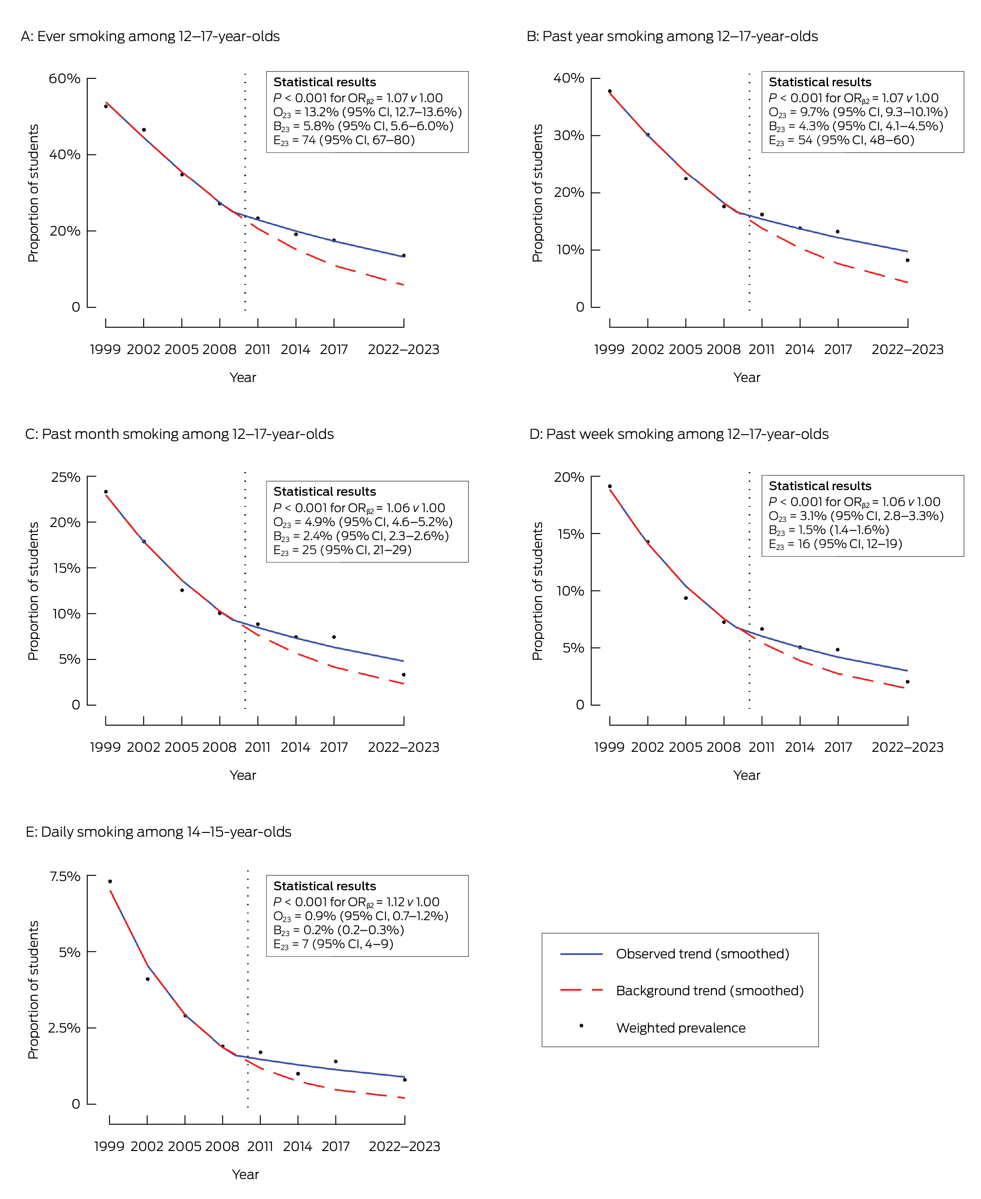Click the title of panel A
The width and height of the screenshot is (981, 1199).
(x=150, y=36)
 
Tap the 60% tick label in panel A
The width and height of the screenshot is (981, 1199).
(x=64, y=78)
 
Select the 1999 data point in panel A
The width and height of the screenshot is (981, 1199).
(x=106, y=106)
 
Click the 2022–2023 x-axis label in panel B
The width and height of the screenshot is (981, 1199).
(x=908, y=349)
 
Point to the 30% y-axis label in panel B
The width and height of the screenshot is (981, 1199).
(x=569, y=136)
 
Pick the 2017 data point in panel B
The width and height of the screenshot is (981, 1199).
(x=837, y=232)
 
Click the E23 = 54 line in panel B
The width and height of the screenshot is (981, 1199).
(x=842, y=140)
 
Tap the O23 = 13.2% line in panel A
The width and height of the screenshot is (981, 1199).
(x=367, y=112)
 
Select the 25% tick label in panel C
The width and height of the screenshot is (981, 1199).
(x=66, y=477)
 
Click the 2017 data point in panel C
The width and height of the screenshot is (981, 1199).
(x=334, y=637)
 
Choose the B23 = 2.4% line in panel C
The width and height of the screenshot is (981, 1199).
(x=361, y=536)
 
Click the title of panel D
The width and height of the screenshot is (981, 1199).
(x=679, y=434)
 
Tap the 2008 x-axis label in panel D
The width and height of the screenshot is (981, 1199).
(x=724, y=747)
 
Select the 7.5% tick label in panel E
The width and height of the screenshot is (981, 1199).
(x=65, y=876)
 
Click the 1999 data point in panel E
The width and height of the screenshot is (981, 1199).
(x=110, y=881)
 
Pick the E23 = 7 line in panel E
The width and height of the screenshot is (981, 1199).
(x=334, y=943)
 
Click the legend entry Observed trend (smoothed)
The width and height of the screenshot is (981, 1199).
(x=703, y=954)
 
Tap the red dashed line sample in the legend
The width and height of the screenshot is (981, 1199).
(x=582, y=991)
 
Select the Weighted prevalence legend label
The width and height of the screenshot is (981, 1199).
(x=681, y=1028)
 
